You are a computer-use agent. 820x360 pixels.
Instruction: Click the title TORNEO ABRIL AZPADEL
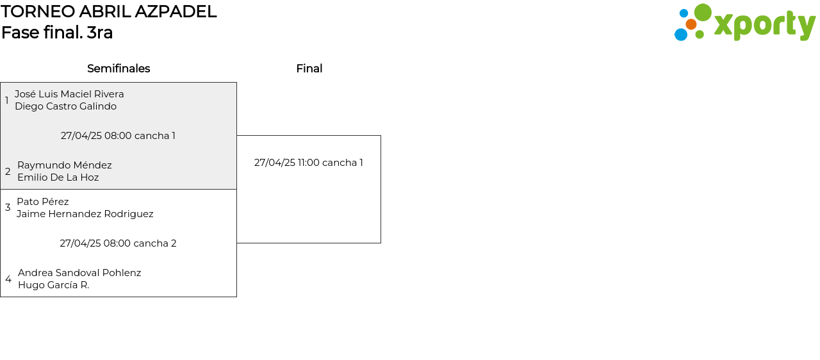109,12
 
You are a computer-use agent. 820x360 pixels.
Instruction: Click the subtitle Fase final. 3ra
57,33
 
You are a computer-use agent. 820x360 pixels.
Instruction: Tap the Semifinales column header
119,69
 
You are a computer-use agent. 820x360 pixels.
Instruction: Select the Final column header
309,69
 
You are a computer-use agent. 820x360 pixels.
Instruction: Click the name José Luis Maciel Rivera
69,94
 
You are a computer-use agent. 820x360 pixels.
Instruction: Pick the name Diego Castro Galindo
65,106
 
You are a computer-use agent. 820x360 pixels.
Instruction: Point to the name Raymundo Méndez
64,165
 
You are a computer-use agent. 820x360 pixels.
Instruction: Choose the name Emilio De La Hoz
58,177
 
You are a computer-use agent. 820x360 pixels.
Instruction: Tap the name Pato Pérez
42,202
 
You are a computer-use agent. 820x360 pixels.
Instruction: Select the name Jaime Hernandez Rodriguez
85,214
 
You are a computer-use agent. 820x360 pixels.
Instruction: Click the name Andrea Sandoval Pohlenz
79,273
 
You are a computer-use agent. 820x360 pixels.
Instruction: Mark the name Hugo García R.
53,285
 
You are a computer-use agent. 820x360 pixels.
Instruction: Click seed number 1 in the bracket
7,101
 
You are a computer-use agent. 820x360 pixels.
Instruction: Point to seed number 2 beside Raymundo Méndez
8,172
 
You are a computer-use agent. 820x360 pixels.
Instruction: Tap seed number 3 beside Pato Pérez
8,208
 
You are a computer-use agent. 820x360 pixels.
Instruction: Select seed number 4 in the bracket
8,279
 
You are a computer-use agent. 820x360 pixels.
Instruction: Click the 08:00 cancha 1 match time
118,136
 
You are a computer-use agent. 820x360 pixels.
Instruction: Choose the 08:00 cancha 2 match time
118,243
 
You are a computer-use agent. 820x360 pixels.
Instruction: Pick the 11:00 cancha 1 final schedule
308,163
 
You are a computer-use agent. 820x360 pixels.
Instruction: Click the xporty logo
744,23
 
